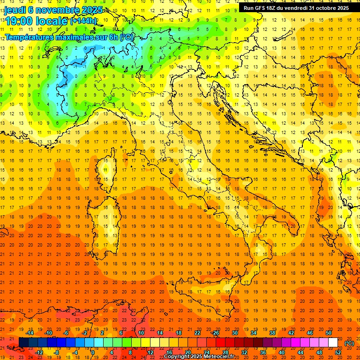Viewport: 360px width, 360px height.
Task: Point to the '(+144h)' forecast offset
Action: [x=83, y=21]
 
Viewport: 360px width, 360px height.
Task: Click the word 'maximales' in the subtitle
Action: [x=81, y=37]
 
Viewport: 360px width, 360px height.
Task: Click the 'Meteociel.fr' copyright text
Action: [x=221, y=357]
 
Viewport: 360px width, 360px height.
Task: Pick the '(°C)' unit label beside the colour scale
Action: [x=349, y=343]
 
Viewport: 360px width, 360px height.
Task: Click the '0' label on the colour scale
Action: [x=93, y=352]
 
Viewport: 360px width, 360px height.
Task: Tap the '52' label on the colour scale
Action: [x=338, y=352]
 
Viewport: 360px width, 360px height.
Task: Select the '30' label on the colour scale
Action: [x=234, y=333]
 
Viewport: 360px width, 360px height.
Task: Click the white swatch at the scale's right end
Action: [x=333, y=343]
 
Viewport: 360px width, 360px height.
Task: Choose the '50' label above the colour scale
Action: [x=329, y=333]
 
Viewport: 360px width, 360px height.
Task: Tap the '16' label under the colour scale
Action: [x=169, y=352]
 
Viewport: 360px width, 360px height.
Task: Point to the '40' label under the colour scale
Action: [x=282, y=352]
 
